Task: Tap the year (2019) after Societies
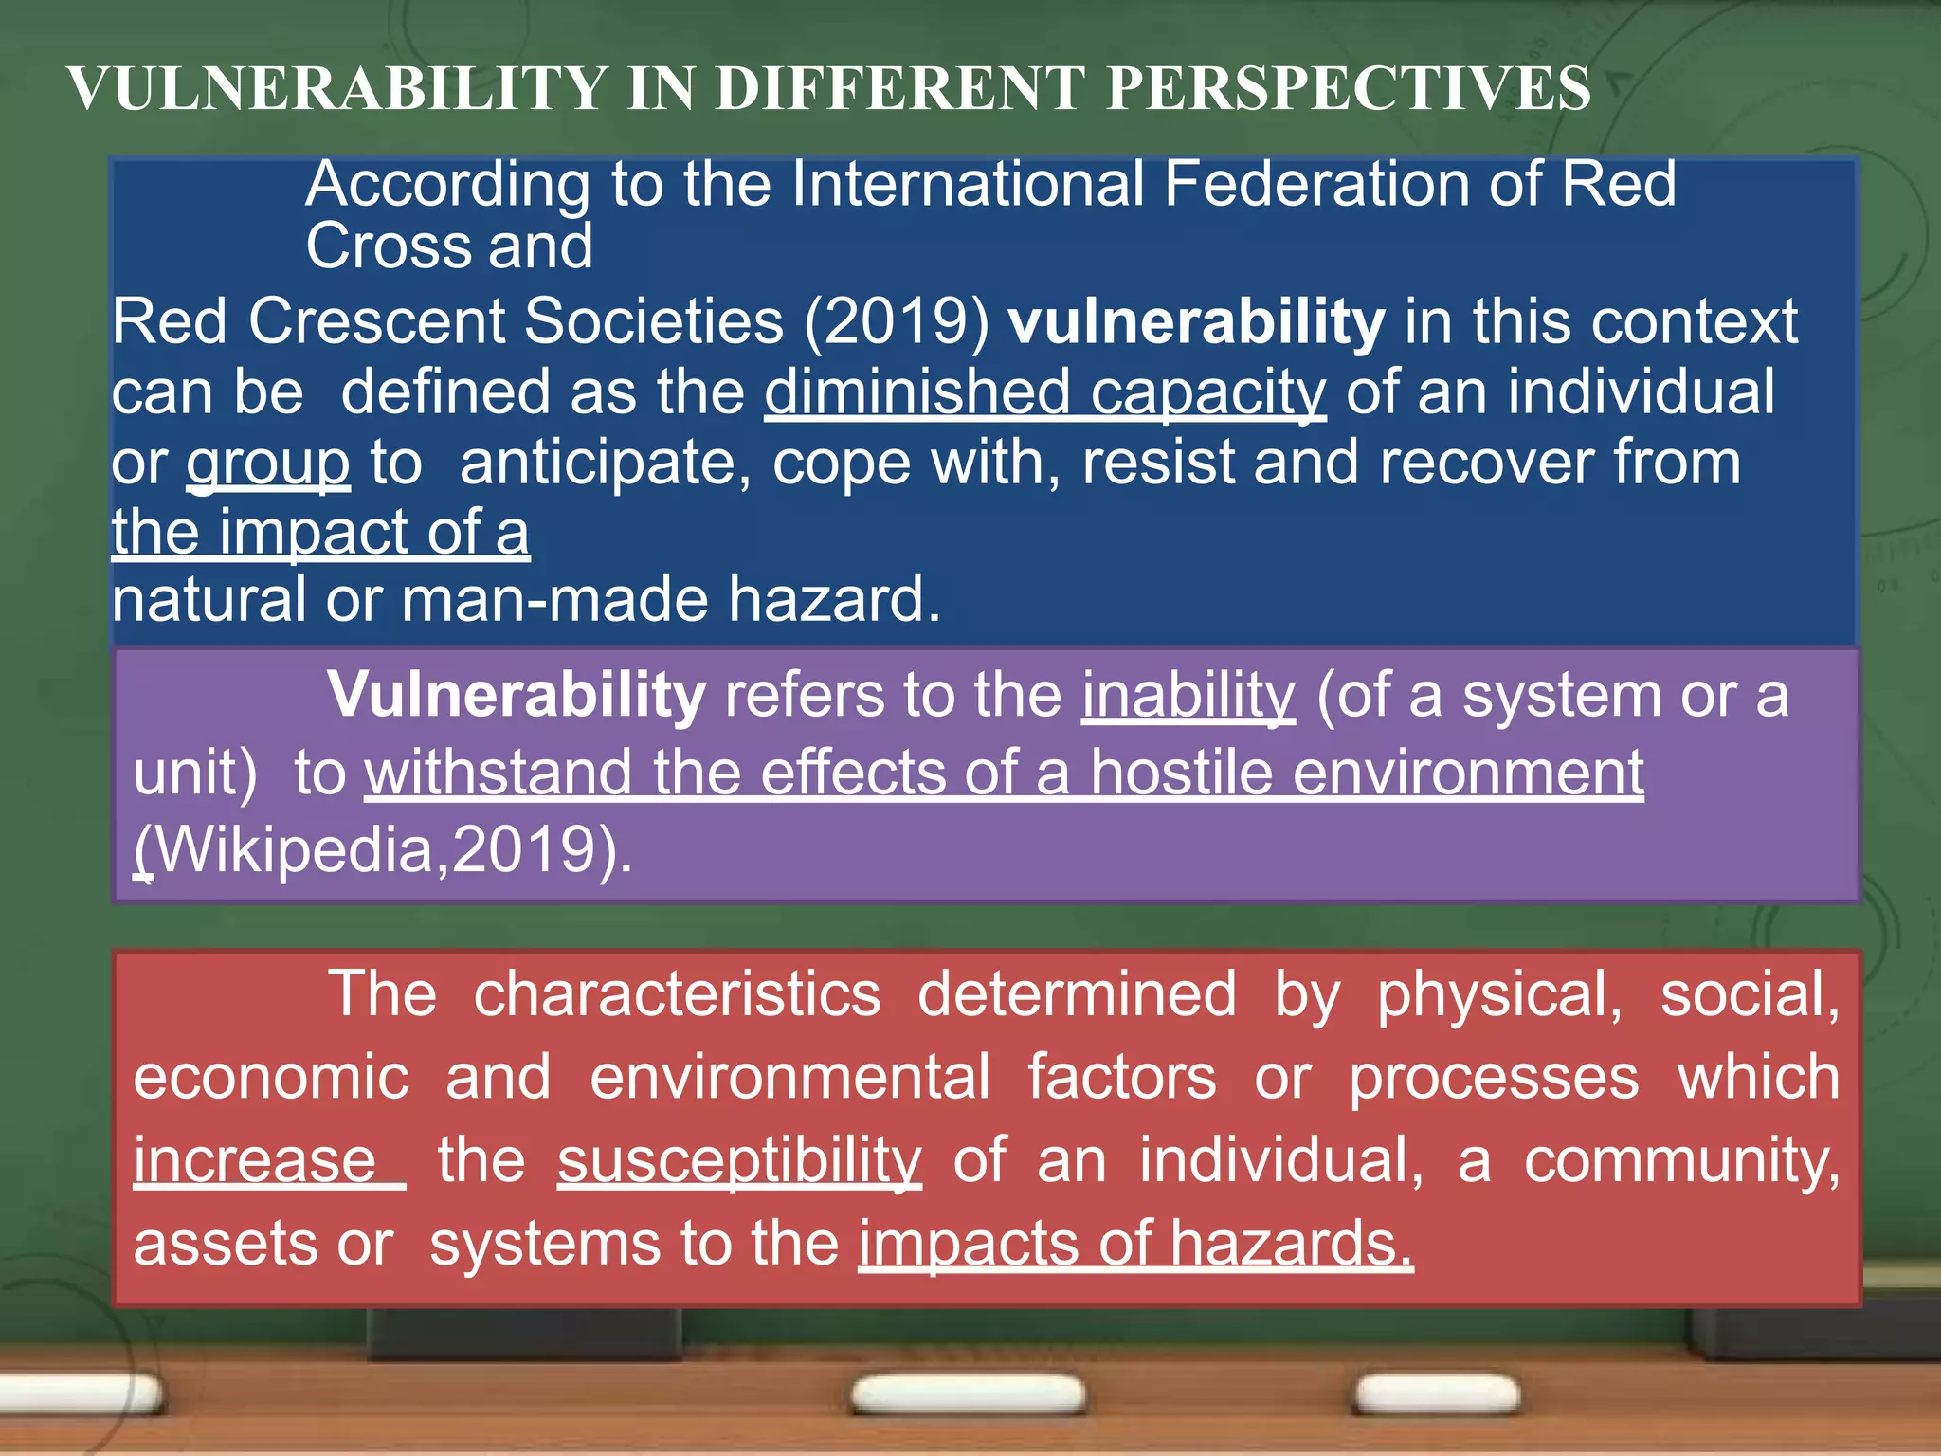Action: (897, 322)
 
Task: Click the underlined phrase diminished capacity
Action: (1044, 392)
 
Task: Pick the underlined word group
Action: (268, 464)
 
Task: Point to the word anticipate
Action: (605, 463)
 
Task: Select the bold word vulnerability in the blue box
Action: (1196, 322)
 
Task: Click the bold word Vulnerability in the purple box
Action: (517, 695)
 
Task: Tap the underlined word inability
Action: (1188, 697)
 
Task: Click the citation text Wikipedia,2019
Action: (383, 849)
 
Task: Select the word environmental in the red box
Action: (789, 1078)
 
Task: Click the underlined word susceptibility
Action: (739, 1161)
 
